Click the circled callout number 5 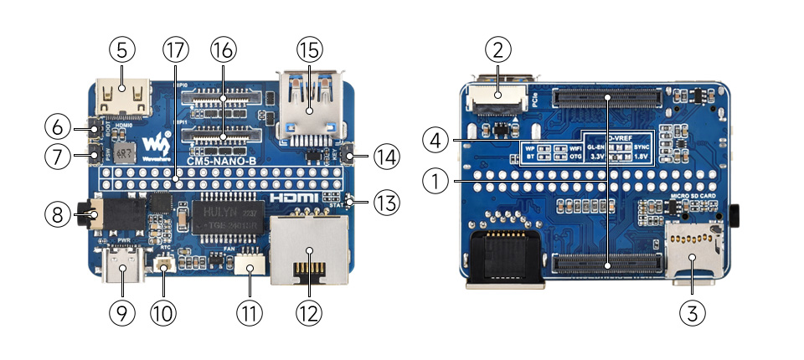pos(122,49)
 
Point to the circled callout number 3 pos(692,313)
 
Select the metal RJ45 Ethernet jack pos(309,250)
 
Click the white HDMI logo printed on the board pos(296,198)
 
